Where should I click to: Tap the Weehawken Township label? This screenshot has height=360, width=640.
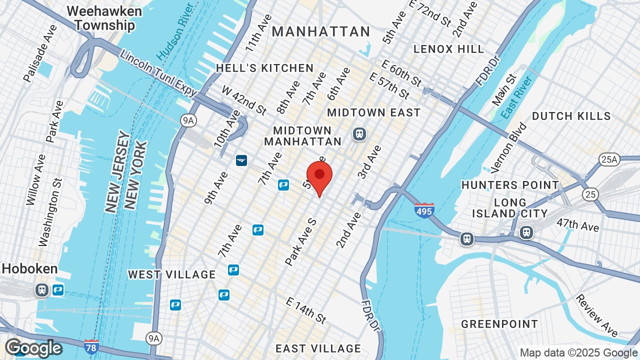(104, 18)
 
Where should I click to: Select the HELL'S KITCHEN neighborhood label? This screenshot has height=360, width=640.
(264, 68)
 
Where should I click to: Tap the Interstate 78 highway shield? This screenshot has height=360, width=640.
(91, 346)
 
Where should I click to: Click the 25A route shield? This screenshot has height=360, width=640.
(609, 160)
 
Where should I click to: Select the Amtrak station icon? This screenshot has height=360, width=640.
(242, 160)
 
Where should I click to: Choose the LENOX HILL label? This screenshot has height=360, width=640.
(448, 49)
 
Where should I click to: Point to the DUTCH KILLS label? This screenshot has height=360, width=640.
(571, 116)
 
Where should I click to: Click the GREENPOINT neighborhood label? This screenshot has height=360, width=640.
(499, 324)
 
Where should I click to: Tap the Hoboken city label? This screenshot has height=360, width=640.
(29, 268)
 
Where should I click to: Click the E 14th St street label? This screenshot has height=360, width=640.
(306, 310)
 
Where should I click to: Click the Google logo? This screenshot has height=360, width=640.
(33, 347)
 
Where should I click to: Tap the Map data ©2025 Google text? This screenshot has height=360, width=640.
(578, 352)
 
